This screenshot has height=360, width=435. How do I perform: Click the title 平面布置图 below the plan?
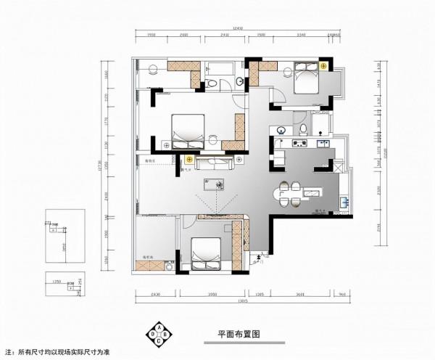coord(239,334)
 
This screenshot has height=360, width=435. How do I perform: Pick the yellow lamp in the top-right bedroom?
coord(323,66)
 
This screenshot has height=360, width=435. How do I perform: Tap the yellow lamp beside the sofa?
coord(189,157)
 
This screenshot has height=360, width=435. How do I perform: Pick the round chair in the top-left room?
coord(153,70)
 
